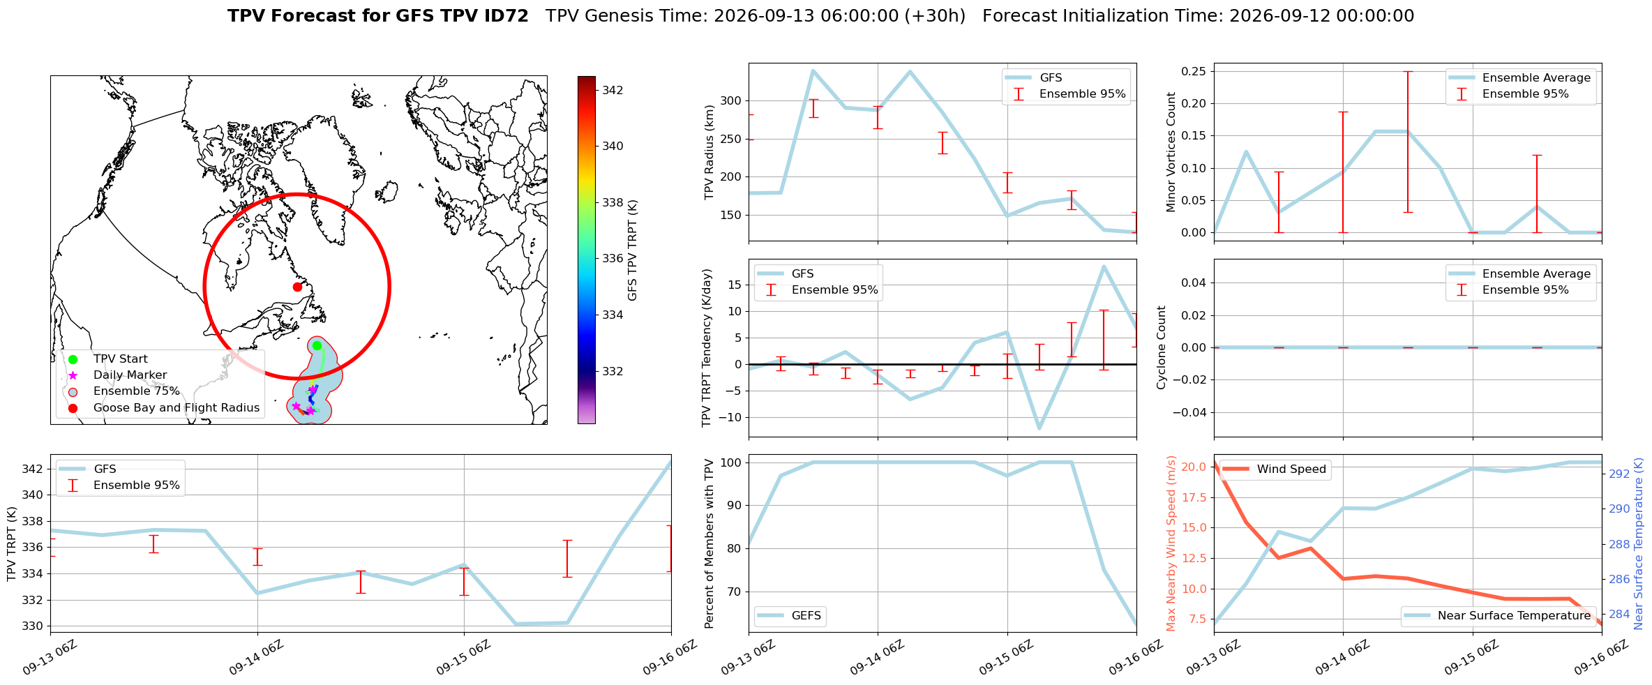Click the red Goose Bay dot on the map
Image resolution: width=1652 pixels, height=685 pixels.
tap(297, 287)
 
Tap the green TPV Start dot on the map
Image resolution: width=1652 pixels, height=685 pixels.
tap(317, 345)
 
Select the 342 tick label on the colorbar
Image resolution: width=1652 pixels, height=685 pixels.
tap(613, 90)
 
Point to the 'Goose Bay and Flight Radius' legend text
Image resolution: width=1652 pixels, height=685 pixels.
tap(177, 408)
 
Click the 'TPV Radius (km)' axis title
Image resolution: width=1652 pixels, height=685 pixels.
tap(709, 152)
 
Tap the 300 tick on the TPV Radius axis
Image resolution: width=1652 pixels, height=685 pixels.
tap(731, 100)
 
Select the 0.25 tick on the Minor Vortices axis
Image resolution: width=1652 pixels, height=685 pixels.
tap(1194, 71)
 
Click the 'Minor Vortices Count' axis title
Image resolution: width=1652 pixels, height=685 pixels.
tap(1171, 152)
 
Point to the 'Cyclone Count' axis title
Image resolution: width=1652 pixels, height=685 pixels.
tap(1162, 347)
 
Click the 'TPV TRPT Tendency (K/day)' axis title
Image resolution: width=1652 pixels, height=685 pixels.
tap(707, 347)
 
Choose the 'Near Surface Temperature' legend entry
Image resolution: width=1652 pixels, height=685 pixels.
tap(1497, 615)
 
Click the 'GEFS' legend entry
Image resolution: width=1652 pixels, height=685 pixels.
tap(790, 615)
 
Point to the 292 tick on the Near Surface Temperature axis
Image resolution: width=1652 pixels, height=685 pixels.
tap(1619, 474)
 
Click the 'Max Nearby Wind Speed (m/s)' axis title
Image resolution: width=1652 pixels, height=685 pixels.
tap(1171, 543)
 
